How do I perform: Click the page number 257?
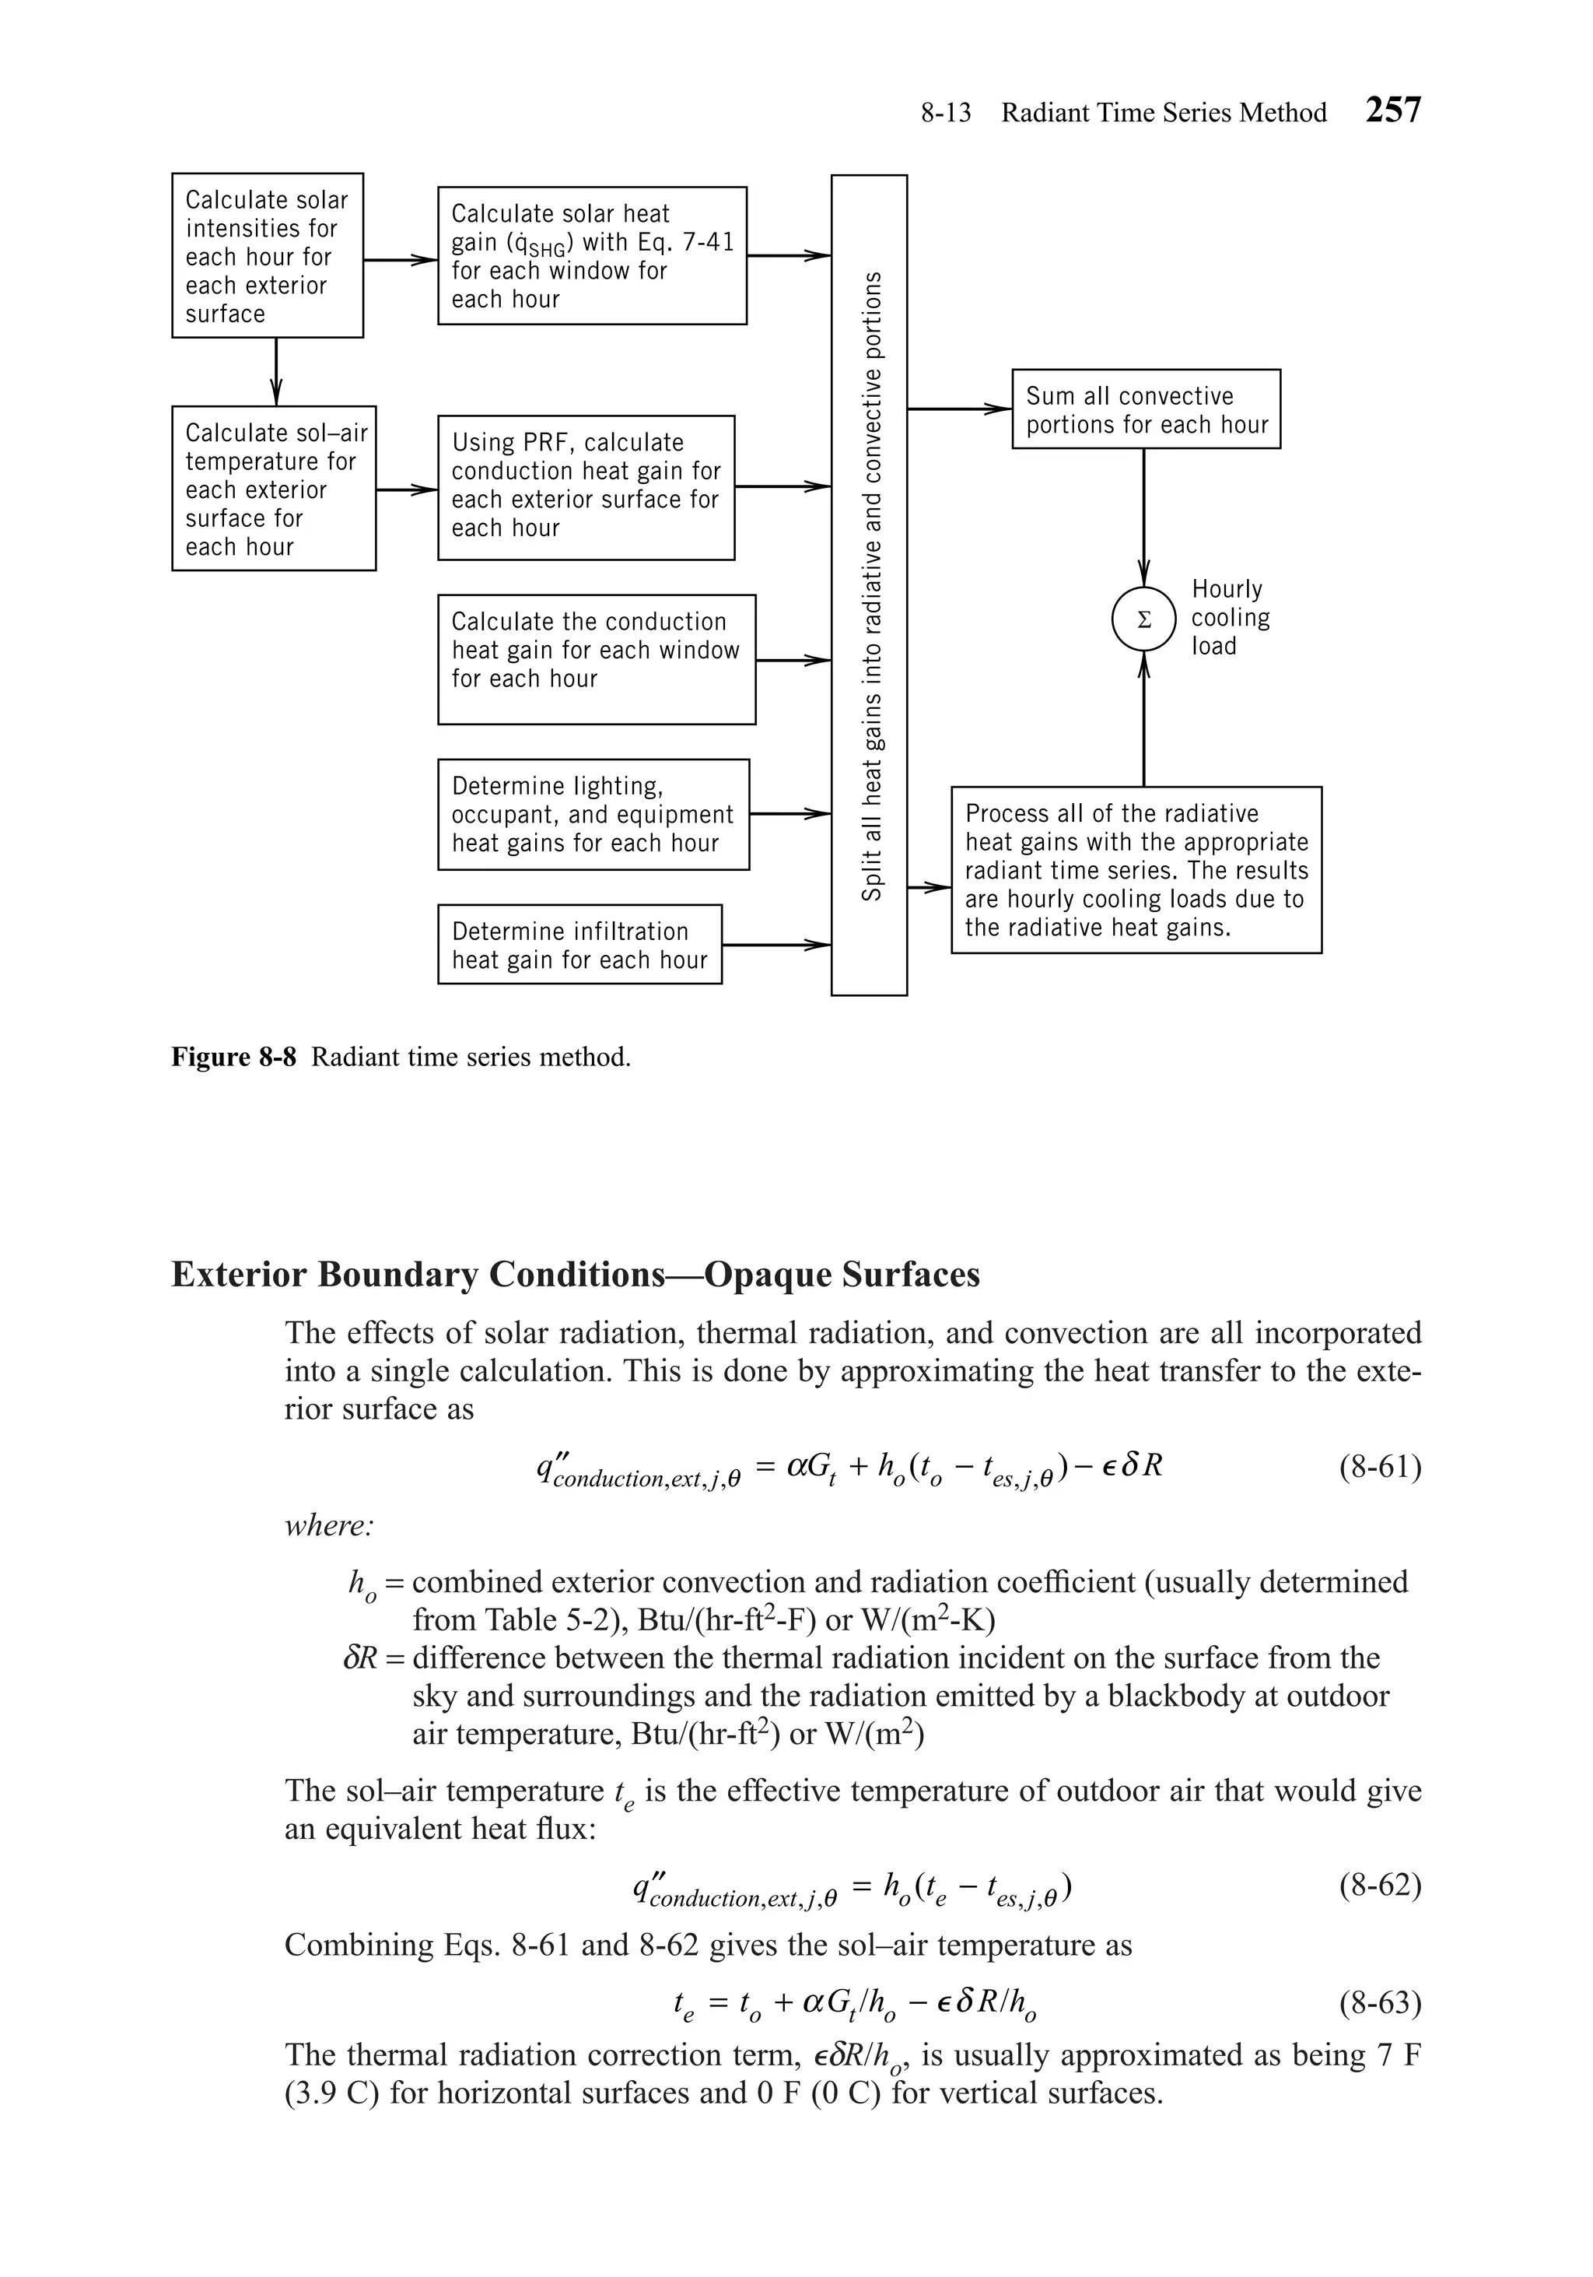(1393, 109)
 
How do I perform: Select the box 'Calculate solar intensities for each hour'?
(267, 256)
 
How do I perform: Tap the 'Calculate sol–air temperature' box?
(274, 488)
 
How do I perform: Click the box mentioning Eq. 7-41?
(592, 256)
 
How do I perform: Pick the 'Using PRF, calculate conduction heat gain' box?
(586, 487)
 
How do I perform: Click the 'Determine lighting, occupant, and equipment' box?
(593, 814)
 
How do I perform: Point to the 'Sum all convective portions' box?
(1146, 409)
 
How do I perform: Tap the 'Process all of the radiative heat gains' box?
(1136, 870)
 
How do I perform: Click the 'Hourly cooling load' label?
(1229, 618)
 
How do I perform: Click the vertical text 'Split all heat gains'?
(870, 585)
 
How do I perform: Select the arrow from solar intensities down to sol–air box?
(277, 372)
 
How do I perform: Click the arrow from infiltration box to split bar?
(776, 945)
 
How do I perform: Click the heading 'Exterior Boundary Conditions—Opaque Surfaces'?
(575, 1275)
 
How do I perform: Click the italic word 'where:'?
(329, 1524)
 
